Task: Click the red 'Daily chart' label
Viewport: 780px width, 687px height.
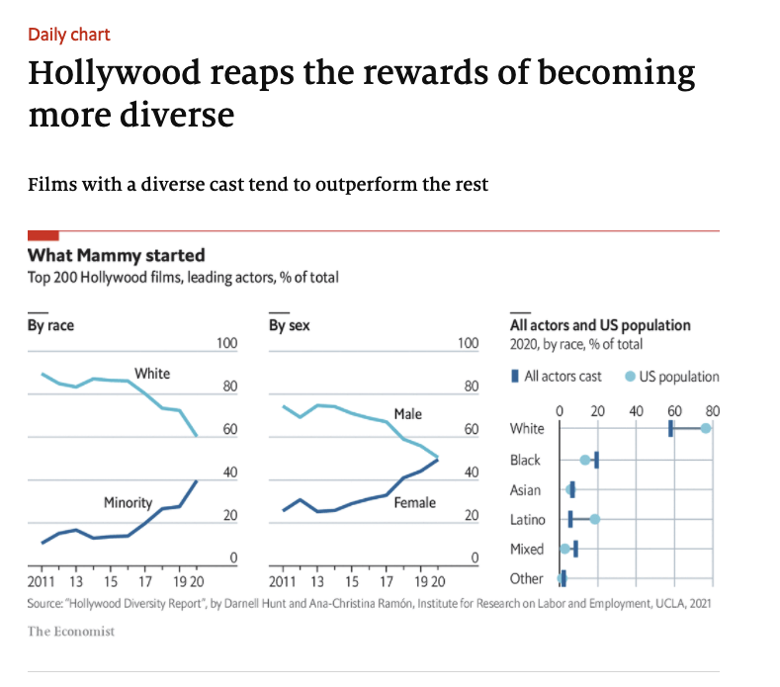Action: (x=69, y=35)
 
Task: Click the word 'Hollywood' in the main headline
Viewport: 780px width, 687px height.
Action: (x=135, y=74)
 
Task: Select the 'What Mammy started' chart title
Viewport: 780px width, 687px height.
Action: (x=116, y=256)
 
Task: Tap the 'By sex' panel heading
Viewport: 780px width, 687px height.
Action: (x=289, y=325)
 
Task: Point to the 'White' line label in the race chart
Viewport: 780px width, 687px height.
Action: (x=152, y=374)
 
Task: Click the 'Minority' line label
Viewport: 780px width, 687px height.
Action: (x=128, y=503)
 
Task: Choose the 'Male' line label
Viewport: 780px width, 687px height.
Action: (x=407, y=413)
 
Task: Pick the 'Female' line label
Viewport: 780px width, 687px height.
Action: (x=414, y=503)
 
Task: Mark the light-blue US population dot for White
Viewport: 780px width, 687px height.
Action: (x=706, y=428)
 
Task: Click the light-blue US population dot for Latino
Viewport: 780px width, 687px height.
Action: (x=594, y=518)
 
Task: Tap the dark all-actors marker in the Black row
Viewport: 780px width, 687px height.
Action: (x=596, y=459)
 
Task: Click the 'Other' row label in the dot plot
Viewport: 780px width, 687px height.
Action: (x=526, y=578)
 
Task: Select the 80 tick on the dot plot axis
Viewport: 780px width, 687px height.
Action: (x=714, y=409)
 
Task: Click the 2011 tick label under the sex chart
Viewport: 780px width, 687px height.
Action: (x=283, y=581)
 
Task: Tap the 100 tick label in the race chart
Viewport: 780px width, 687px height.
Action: (x=227, y=343)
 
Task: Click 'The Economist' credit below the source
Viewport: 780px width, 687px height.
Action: (x=70, y=631)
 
